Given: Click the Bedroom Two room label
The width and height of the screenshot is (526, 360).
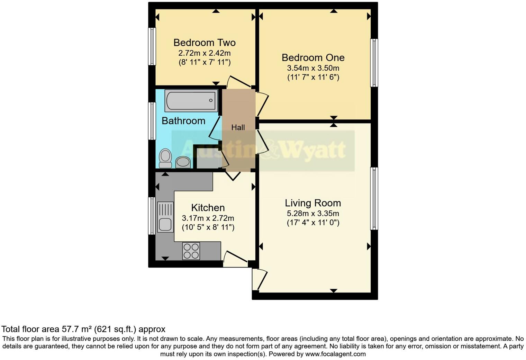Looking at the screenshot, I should [x=204, y=43].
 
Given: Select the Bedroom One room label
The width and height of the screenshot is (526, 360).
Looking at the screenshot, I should [x=313, y=57].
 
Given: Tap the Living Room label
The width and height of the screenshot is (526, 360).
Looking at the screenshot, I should [x=313, y=203].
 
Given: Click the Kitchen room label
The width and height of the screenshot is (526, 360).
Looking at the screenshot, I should [x=208, y=208].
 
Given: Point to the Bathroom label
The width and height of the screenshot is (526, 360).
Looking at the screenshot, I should [x=183, y=121].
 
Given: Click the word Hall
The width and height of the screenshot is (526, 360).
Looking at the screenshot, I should [x=238, y=127].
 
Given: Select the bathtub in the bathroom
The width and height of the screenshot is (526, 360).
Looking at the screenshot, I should [x=191, y=101].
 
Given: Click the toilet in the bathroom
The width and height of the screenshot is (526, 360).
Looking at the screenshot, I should [x=165, y=158].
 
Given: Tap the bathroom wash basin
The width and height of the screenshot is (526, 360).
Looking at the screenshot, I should [x=183, y=162].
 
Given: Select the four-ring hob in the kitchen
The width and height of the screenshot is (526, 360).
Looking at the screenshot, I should [x=191, y=251].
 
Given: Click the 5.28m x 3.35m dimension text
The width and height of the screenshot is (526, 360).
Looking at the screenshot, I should [x=313, y=214].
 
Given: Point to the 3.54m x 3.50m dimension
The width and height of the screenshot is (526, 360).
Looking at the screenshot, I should [x=313, y=68].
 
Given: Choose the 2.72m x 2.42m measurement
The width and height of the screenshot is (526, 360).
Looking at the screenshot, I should [x=204, y=53].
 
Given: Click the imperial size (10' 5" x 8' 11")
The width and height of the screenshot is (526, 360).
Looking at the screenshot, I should [x=208, y=227].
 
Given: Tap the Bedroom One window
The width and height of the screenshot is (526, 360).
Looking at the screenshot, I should [x=374, y=63].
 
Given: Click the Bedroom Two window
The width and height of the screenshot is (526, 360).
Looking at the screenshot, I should [x=152, y=46].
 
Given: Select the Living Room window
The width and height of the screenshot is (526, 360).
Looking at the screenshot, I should [x=374, y=198].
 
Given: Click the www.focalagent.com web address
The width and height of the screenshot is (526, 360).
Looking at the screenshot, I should [x=335, y=354].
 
